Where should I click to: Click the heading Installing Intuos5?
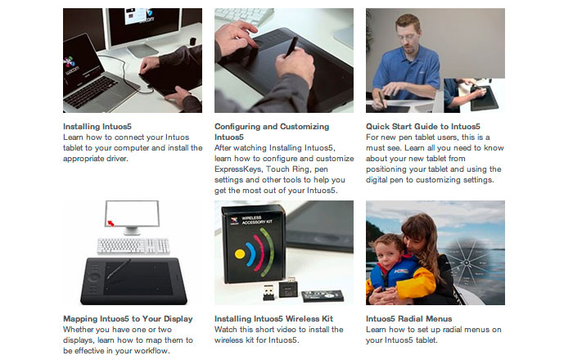[97, 127]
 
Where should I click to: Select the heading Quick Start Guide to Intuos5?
[423, 127]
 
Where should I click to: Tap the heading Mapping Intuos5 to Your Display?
[128, 319]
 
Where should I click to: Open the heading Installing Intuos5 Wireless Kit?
[273, 319]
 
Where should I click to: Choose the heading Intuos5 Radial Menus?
[409, 319]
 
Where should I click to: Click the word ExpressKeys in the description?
[238, 169]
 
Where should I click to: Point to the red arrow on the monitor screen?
[111, 223]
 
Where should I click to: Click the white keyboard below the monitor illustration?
[133, 245]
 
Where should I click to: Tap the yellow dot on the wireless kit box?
[240, 254]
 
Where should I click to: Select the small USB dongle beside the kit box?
[268, 292]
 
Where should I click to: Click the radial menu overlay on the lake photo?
[467, 263]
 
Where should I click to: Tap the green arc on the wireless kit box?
[267, 251]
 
